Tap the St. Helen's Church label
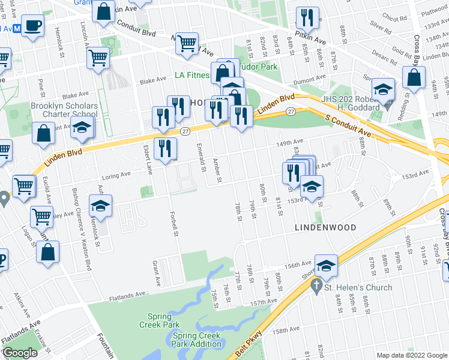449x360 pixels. pyautogui.click(x=358, y=287)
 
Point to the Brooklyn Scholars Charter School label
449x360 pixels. pyautogui.click(x=64, y=110)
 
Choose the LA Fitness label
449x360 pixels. pyautogui.click(x=192, y=76)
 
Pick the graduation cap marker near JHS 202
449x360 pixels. pyautogui.click(x=382, y=90)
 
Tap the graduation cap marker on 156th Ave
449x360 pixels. pyautogui.click(x=326, y=266)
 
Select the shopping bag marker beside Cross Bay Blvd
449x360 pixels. pyautogui.click(x=414, y=77)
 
